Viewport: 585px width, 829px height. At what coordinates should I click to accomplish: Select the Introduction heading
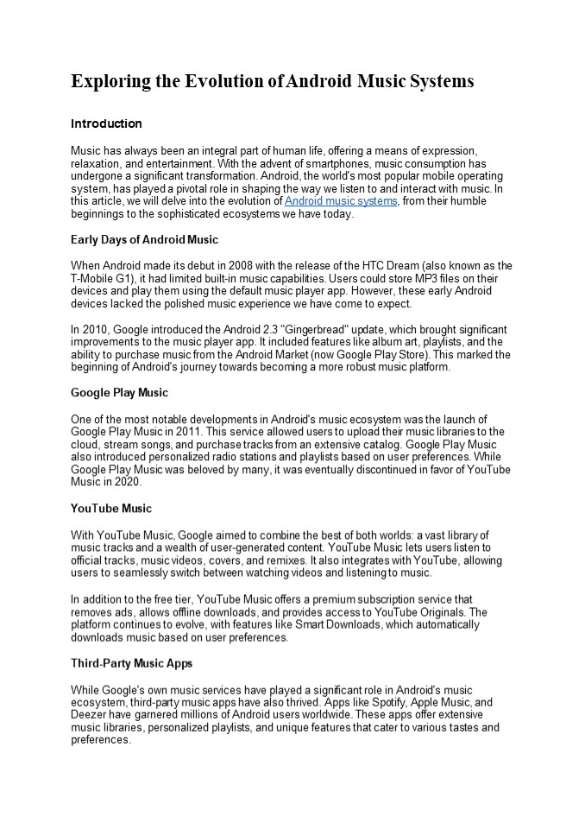pyautogui.click(x=106, y=123)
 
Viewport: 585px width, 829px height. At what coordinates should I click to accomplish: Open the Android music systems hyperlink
pyautogui.click(x=341, y=201)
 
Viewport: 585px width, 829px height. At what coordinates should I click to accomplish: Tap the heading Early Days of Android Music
pyautogui.click(x=144, y=239)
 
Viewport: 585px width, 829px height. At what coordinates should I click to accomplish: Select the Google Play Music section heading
pyautogui.click(x=119, y=393)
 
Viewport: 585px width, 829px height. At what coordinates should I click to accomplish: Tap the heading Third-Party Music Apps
pyautogui.click(x=131, y=663)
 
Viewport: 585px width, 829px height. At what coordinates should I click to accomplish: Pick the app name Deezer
pyautogui.click(x=88, y=716)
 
